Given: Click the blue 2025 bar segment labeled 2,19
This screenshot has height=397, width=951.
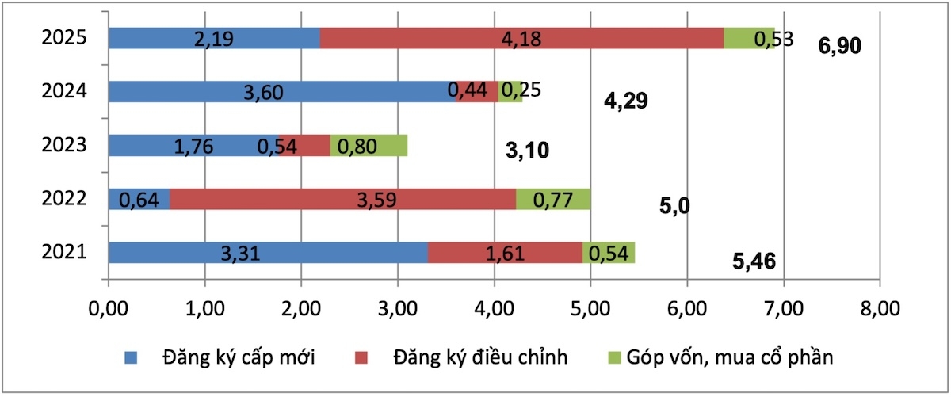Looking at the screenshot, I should pos(214,38).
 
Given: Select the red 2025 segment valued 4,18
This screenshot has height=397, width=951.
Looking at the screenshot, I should pos(521,38).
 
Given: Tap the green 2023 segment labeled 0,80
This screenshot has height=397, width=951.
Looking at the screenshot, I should pos(369,146).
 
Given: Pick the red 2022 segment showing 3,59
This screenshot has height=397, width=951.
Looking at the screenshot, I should pos(343,199).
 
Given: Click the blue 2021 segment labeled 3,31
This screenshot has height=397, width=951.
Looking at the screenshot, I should pos(268,253).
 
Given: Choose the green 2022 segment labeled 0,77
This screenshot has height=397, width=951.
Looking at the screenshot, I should pos(553,199).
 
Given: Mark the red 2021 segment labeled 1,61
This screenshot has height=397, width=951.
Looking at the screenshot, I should pos(505,253).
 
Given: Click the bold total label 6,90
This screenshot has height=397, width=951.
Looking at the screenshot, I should pos(839,47).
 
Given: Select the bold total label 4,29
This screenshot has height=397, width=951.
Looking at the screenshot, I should pos(626,101).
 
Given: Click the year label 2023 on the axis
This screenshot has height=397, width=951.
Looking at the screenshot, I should pos(63,146).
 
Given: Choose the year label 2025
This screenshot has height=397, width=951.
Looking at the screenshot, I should pos(63,38).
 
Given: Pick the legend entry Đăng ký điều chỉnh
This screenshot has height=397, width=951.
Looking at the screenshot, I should pos(480,357).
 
